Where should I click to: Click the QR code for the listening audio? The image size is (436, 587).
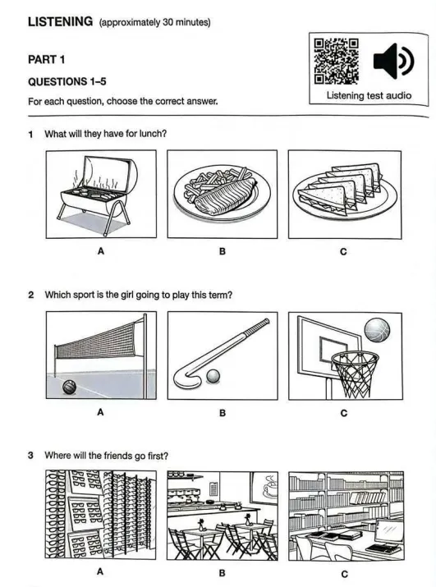click(336, 62)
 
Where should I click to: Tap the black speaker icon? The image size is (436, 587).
click(393, 61)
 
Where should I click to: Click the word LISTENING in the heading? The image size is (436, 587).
click(60, 21)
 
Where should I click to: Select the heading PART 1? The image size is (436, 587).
click(47, 60)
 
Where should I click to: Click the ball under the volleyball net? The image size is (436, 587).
click(69, 387)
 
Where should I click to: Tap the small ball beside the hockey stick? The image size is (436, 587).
click(213, 377)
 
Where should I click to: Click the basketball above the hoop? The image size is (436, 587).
click(377, 331)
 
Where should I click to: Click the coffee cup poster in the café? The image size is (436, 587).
click(265, 486)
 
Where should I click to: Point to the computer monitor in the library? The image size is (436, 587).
click(389, 532)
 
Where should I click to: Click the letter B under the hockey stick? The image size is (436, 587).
click(223, 413)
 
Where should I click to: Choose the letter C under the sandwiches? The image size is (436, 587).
click(343, 251)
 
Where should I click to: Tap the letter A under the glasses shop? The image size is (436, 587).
click(100, 571)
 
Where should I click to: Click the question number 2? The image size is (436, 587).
click(30, 295)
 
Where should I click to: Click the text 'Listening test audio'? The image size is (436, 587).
click(369, 96)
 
